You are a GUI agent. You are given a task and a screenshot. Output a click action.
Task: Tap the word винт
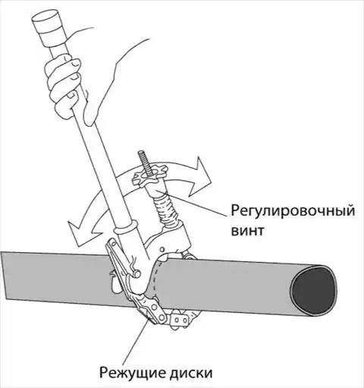(x=248, y=230)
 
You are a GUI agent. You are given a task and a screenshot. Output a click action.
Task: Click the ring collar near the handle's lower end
(x=126, y=228)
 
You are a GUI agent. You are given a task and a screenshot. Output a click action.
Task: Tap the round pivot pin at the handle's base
(x=137, y=273)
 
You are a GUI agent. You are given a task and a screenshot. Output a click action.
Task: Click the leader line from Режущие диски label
(x=136, y=340)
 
